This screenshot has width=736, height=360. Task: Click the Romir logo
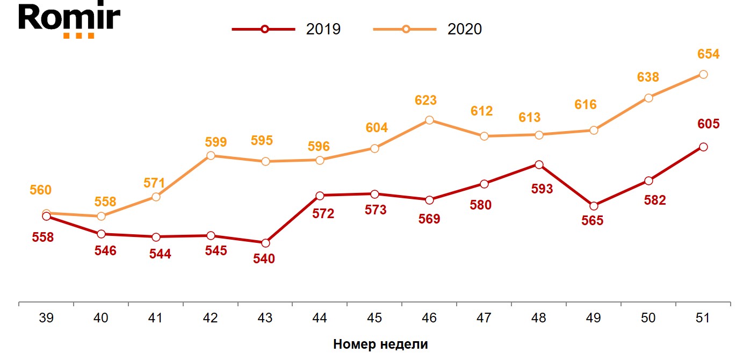tap(69, 20)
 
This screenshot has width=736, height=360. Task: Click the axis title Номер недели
tap(380, 344)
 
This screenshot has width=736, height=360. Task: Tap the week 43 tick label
tap(265, 318)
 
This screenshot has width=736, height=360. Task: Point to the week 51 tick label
tap(703, 318)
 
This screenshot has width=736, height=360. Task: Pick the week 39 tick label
tap(46, 318)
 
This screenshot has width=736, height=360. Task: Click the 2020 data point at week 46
tap(429, 120)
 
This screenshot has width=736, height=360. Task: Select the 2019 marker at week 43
tap(265, 243)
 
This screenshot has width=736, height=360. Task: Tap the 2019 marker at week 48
tap(539, 164)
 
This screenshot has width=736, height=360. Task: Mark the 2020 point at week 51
tap(703, 74)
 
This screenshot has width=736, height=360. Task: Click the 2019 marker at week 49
tap(594, 206)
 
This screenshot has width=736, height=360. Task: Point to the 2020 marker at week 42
tap(211, 155)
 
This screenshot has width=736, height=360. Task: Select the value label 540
tap(264, 259)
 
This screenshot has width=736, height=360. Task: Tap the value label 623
tap(425, 100)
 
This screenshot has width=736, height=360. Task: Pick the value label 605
tap(708, 124)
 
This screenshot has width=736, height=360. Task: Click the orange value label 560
tap(41, 190)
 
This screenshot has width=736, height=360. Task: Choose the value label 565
tap(593, 221)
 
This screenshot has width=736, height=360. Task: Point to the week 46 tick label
tap(429, 318)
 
